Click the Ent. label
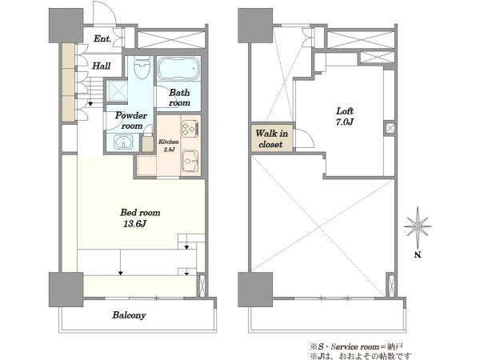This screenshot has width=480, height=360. click(102, 39)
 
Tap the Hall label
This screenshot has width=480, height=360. click(102, 66)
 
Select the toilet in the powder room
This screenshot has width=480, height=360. click(142, 68)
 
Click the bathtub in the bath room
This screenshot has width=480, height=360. click(179, 69)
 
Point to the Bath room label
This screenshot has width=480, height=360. click(179, 98)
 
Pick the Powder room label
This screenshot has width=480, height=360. click(131, 121)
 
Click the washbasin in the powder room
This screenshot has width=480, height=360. click(123, 142)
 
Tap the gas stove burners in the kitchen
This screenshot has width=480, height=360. click(190, 128)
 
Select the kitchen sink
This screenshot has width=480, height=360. click(190, 162)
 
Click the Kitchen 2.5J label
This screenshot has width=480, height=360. click(169, 146)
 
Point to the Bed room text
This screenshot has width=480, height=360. click(140, 213)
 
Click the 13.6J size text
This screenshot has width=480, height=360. click(134, 224)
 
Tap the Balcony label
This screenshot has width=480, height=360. click(129, 315)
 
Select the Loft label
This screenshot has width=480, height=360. click(345, 111)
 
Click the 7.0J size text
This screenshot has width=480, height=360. click(345, 122)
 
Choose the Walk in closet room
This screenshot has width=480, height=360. click(272, 138)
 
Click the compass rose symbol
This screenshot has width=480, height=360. click(418, 226)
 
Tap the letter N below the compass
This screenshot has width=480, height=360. click(418, 254)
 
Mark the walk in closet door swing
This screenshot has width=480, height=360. click(310, 134)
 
